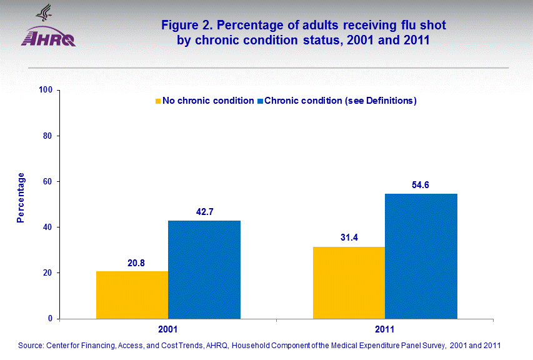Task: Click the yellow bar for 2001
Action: coord(132,294)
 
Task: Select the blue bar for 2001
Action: coord(204,269)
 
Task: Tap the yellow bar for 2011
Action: coord(349,282)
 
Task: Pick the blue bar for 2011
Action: coord(421,256)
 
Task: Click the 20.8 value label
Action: coord(132,263)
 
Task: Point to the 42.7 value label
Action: coord(204,212)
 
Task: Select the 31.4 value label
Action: coord(349,239)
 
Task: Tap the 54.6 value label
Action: coord(421,186)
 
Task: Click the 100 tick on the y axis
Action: coord(46,90)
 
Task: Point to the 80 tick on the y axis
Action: coord(47,136)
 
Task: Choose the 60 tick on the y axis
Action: coord(47,181)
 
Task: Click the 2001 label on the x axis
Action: coord(168,329)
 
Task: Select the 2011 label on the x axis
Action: coord(385,329)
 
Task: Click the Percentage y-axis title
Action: coord(21,197)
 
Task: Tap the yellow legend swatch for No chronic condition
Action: coord(158,101)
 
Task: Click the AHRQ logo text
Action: coord(48,38)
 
